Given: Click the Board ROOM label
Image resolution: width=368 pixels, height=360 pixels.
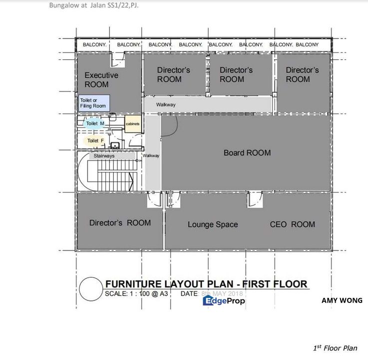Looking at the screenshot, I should (x=247, y=152).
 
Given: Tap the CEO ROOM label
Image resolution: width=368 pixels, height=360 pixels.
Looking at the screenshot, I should (x=292, y=224).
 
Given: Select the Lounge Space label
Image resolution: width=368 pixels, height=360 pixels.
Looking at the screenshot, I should (x=213, y=224).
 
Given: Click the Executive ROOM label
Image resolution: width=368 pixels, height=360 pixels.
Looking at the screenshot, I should (x=101, y=79).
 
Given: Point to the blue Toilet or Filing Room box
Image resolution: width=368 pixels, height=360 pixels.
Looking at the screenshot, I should (x=93, y=103).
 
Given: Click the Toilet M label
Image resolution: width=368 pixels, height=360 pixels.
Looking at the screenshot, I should (x=95, y=123).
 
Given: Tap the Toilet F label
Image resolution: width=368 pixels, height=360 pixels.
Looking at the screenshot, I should (x=95, y=141).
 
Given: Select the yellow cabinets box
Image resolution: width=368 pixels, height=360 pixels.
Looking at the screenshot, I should (x=132, y=123).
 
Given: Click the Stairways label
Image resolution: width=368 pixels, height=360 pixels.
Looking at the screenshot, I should (x=104, y=156).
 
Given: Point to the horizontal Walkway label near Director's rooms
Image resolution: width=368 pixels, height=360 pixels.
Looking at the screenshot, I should (x=165, y=104).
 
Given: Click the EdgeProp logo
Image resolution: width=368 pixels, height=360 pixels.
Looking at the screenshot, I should (x=224, y=300).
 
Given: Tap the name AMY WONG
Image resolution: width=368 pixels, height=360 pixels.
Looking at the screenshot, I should (x=342, y=300).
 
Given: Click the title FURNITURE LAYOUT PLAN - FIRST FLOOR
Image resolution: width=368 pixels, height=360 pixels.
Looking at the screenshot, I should (x=206, y=284).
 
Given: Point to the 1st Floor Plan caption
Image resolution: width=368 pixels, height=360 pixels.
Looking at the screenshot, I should (x=335, y=348).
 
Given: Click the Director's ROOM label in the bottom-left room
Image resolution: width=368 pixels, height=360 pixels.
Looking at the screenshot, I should (x=120, y=222).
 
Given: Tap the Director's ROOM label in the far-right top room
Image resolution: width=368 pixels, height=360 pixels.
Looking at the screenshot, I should (x=302, y=74).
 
